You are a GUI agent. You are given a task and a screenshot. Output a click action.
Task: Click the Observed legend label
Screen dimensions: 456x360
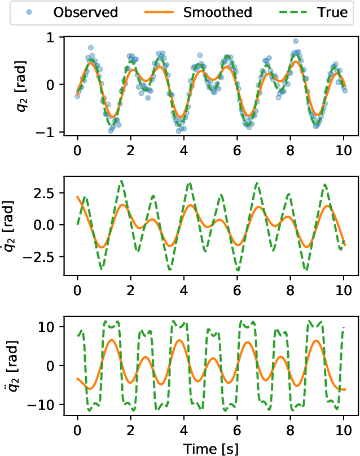point(86,12)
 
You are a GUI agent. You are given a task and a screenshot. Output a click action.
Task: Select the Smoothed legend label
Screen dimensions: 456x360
point(218,12)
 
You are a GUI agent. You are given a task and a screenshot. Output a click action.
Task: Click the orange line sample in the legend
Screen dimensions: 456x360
point(160,12)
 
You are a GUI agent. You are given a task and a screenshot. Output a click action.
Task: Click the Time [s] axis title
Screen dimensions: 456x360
point(210,447)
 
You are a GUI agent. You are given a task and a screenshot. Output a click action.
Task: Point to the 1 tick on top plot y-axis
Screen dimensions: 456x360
point(58,37)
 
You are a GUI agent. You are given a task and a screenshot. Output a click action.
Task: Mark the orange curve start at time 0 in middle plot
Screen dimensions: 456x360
point(78,197)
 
